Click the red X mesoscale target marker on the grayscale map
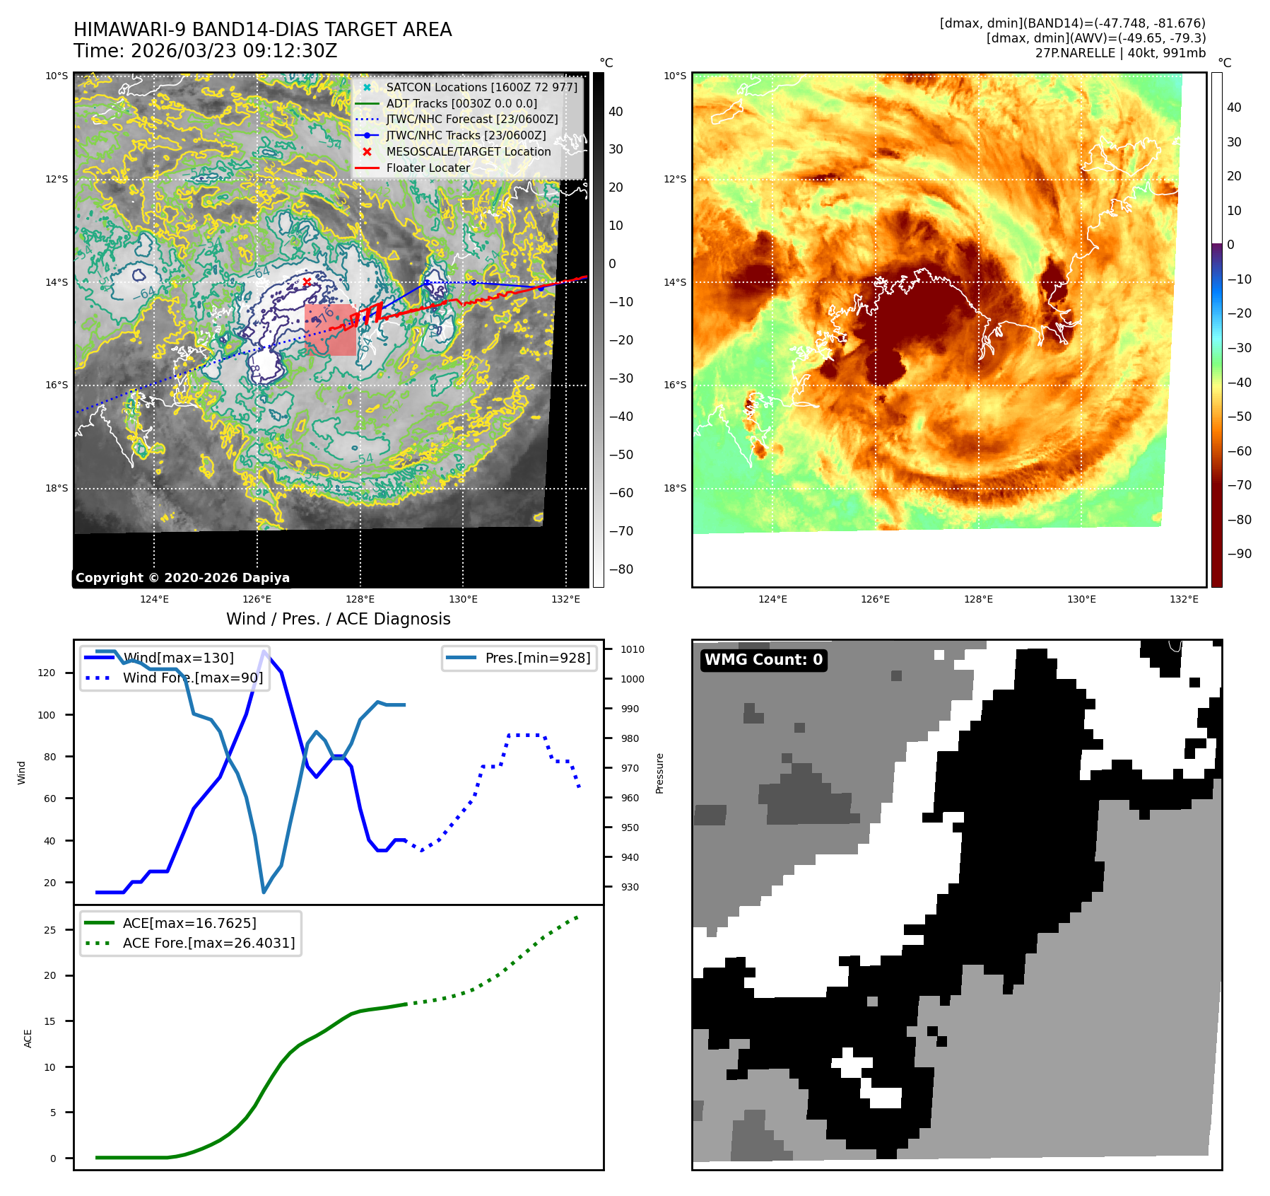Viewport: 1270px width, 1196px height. point(307,281)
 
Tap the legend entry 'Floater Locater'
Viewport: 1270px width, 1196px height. point(428,168)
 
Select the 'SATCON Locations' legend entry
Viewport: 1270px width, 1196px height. point(481,87)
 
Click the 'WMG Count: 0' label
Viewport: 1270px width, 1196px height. point(763,660)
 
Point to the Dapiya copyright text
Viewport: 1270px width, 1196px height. point(182,578)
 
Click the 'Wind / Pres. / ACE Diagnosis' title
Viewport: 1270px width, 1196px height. point(338,619)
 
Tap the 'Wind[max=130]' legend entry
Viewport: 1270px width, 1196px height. point(177,658)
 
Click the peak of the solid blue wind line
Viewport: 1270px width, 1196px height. point(264,651)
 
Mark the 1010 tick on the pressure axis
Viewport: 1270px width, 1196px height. point(633,649)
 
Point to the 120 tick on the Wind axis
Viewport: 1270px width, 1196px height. point(47,673)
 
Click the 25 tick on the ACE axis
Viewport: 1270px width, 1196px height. point(49,930)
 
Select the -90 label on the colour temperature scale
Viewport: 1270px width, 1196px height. point(1239,554)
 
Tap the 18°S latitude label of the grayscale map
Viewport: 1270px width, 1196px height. point(57,488)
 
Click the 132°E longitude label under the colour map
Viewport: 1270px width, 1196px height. point(1184,599)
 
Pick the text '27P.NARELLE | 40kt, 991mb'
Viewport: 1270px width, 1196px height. point(1120,53)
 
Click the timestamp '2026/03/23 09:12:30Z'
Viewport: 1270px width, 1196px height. point(234,51)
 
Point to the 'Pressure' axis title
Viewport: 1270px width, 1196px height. point(659,773)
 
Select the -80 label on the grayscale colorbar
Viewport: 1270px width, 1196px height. point(621,569)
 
